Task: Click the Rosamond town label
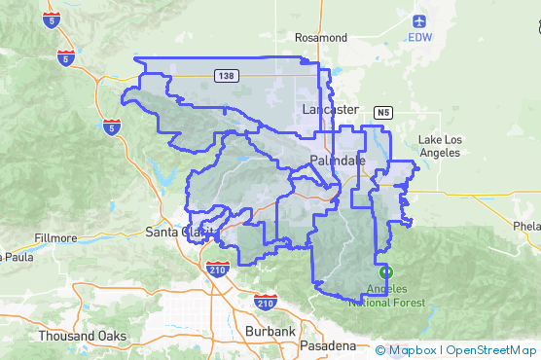321,37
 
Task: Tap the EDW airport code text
419,38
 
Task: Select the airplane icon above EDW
419,20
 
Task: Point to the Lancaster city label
330,109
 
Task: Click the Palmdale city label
338,159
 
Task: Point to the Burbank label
270,332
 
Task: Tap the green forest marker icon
386,272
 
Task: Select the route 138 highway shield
226,75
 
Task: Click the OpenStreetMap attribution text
491,350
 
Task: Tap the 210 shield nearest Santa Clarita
216,270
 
